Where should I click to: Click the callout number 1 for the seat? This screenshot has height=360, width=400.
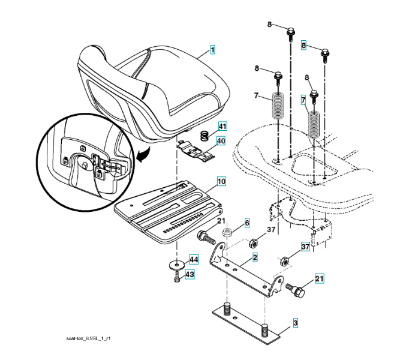click(212, 50)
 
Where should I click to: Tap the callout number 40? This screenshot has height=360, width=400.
click(221, 142)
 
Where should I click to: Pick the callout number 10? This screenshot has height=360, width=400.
click(221, 181)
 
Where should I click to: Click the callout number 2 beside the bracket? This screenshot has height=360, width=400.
click(255, 257)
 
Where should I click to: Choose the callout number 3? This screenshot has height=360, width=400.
click(294, 323)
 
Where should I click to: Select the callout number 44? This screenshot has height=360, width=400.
click(193, 260)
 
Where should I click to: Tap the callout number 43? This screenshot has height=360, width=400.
click(189, 274)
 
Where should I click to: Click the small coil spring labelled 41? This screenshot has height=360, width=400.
click(203, 136)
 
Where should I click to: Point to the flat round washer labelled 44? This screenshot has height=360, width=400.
click(178, 265)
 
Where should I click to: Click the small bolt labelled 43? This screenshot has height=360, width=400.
click(176, 278)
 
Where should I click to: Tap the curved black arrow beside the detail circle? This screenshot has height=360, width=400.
click(142, 156)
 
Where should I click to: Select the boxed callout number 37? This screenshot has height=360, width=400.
click(305, 247)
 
